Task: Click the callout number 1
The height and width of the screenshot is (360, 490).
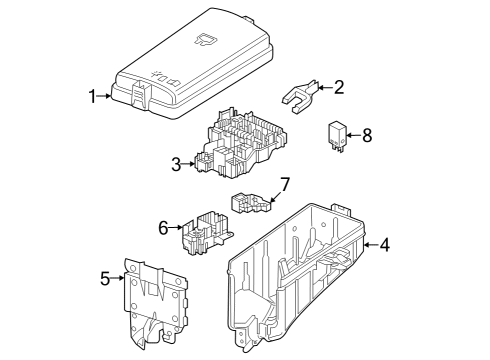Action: pyautogui.click(x=93, y=96)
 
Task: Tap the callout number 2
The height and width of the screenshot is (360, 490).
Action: pyautogui.click(x=339, y=87)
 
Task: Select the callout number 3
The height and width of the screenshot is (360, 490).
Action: pyautogui.click(x=176, y=164)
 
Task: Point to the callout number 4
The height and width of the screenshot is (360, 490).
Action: pyautogui.click(x=384, y=245)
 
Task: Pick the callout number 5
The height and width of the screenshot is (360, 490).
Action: pyautogui.click(x=105, y=278)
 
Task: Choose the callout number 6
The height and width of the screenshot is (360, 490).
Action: pyautogui.click(x=163, y=228)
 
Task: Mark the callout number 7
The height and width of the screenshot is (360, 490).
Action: pyautogui.click(x=285, y=184)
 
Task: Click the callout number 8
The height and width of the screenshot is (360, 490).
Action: pyautogui.click(x=367, y=136)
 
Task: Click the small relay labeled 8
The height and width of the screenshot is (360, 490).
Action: pyautogui.click(x=337, y=137)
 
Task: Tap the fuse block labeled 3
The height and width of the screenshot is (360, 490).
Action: pyautogui.click(x=241, y=142)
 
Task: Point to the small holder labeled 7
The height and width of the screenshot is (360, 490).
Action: pyautogui.click(x=251, y=203)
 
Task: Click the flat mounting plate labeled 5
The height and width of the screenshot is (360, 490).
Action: pyautogui.click(x=155, y=303)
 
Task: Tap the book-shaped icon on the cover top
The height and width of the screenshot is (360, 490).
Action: pyautogui.click(x=206, y=39)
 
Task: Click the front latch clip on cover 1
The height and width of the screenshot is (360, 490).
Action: pyautogui.click(x=142, y=94)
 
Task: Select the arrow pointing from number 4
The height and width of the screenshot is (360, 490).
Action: pyautogui.click(x=371, y=245)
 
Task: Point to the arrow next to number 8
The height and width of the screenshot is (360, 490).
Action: pyautogui.click(x=353, y=135)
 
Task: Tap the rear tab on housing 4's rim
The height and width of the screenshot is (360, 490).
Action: pyautogui.click(x=341, y=209)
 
